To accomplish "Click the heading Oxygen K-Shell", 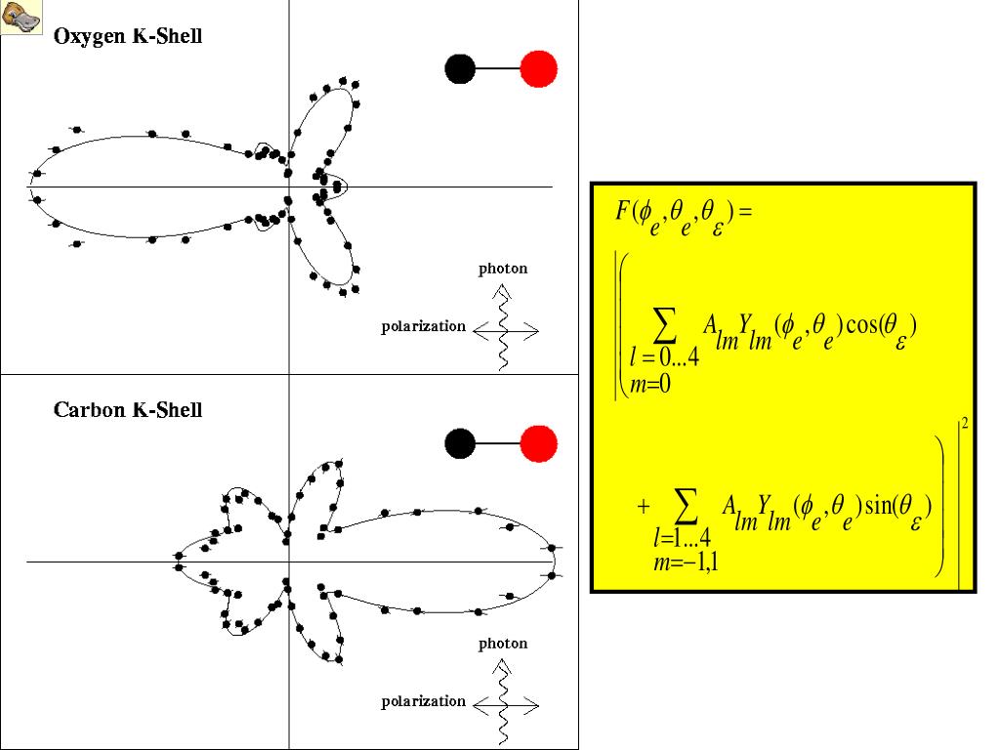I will click(x=128, y=37).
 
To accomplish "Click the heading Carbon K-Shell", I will click(x=128, y=410).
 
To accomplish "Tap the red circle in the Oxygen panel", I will click(x=538, y=68).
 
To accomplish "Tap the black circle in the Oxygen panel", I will click(x=460, y=68).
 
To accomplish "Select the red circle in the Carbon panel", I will click(x=538, y=443).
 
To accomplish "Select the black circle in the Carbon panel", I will click(x=460, y=443).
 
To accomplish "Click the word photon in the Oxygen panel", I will click(x=503, y=269).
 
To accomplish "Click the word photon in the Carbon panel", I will click(x=503, y=644).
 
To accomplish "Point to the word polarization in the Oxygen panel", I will click(x=423, y=326).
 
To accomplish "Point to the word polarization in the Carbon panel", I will click(x=423, y=701).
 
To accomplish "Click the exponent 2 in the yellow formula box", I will click(x=965, y=424).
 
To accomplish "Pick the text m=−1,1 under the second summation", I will click(x=687, y=561).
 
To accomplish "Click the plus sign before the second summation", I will click(x=643, y=507).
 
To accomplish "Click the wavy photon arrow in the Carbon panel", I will click(x=504, y=703).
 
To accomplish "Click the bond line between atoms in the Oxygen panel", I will click(x=498, y=68).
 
